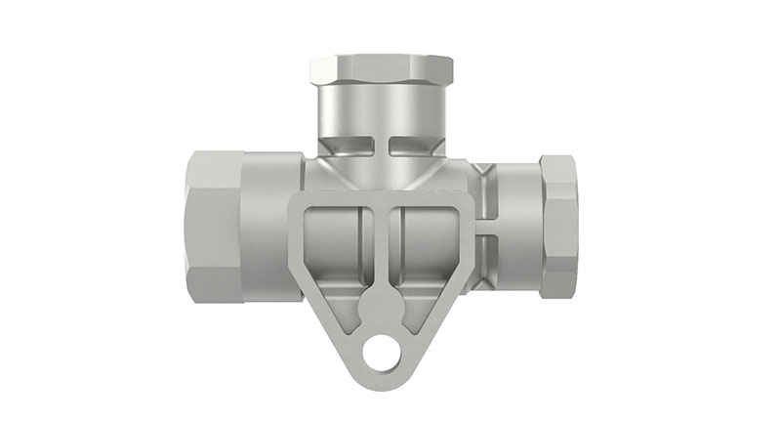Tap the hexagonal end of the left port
[x=214, y=226]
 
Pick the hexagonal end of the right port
[x=559, y=226]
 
